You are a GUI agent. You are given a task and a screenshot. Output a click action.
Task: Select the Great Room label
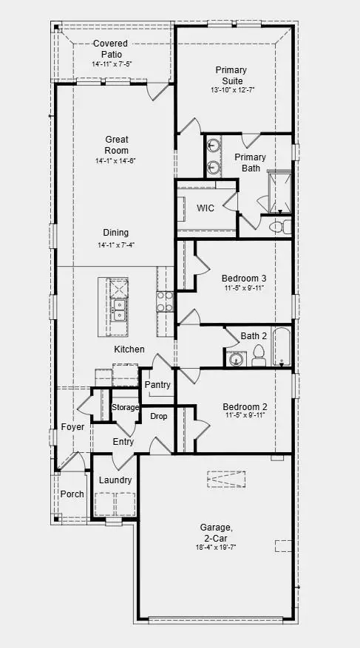click(116, 145)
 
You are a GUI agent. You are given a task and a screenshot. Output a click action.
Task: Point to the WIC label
click(205, 208)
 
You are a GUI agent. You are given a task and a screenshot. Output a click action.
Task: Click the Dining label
click(116, 232)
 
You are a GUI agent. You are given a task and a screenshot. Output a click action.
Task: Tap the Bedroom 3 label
click(245, 279)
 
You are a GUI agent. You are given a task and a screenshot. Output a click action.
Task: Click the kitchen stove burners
click(164, 301)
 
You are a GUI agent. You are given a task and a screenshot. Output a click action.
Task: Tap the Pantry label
click(157, 385)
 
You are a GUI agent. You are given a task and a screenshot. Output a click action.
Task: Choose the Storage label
click(125, 407)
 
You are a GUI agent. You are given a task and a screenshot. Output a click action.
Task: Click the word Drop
click(158, 417)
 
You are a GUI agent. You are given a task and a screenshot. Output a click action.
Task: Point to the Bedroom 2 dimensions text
click(245, 417)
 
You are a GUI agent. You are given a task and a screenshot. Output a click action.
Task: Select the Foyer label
click(73, 427)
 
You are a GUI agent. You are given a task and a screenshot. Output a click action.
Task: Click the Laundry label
click(115, 480)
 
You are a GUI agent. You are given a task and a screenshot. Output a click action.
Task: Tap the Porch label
click(72, 494)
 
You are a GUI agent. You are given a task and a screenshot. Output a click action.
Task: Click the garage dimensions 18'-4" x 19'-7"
click(216, 548)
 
